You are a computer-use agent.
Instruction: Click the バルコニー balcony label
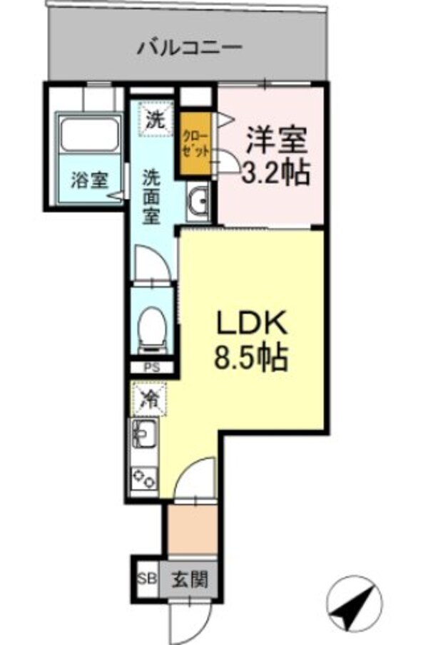coord(190,49)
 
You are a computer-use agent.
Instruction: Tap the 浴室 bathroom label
coord(88,180)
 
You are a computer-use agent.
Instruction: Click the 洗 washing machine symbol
coord(155,120)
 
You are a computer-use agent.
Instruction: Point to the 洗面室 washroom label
coord(151,195)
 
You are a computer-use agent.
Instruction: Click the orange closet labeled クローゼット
coord(196,143)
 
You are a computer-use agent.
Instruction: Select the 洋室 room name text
coord(277,138)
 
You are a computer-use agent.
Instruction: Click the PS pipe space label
coord(151,368)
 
